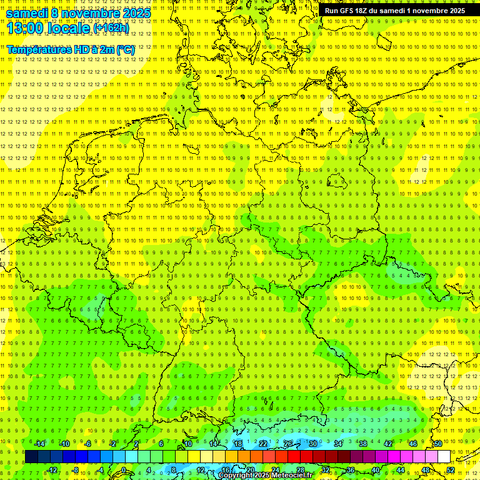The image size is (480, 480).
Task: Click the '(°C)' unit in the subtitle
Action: click(125, 49)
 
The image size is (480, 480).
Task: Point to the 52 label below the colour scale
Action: click(451, 470)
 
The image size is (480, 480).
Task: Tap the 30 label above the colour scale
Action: click(313, 444)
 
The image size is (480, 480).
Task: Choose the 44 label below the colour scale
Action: click(401, 470)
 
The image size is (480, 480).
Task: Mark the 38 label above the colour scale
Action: click(363, 444)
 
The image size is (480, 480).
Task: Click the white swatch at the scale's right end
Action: click(444, 457)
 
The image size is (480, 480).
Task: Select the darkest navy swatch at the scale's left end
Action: click(31, 457)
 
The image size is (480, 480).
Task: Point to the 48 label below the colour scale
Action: click(426, 470)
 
